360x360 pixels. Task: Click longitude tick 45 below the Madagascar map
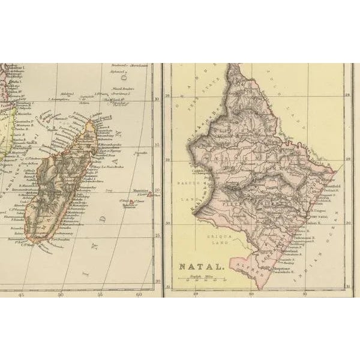point(23,295)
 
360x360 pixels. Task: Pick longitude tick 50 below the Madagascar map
point(61,295)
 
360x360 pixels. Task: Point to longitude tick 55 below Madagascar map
point(100,295)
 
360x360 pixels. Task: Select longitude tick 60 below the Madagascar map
point(139,295)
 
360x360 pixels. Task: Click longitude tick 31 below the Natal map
point(304,294)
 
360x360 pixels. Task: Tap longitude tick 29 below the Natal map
point(196,294)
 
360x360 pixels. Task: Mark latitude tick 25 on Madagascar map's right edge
point(157,235)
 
